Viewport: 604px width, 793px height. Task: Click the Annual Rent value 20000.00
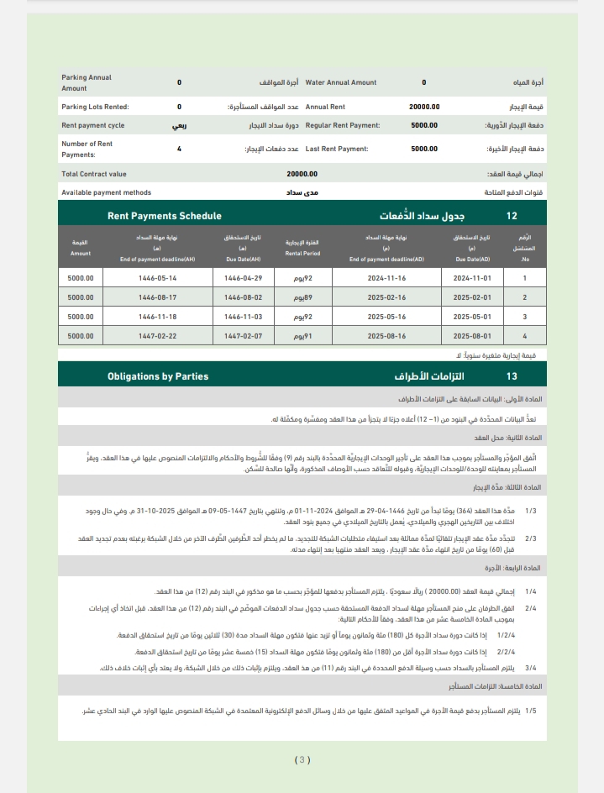[423, 108]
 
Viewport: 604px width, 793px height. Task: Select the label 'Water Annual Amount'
[340, 83]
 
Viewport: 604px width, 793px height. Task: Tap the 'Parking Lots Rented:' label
[95, 108]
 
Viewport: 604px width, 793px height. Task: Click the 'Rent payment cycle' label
[92, 125]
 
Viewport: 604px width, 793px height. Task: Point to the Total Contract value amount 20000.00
[302, 174]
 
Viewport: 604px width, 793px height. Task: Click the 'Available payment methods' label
[106, 192]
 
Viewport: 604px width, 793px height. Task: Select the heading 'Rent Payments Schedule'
[165, 216]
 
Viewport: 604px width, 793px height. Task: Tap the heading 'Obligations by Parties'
[158, 376]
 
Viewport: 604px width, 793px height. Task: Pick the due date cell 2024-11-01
[471, 278]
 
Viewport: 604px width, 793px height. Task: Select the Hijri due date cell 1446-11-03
[244, 317]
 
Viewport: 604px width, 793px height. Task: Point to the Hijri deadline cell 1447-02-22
[158, 336]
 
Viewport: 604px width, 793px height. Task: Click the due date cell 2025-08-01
[471, 336]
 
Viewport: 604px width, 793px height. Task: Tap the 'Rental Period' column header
[302, 248]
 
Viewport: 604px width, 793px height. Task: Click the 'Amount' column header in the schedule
[81, 248]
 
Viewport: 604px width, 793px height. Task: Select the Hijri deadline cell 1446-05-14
[158, 278]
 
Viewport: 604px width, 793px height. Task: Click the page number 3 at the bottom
[302, 760]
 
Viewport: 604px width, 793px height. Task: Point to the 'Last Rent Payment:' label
[337, 149]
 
